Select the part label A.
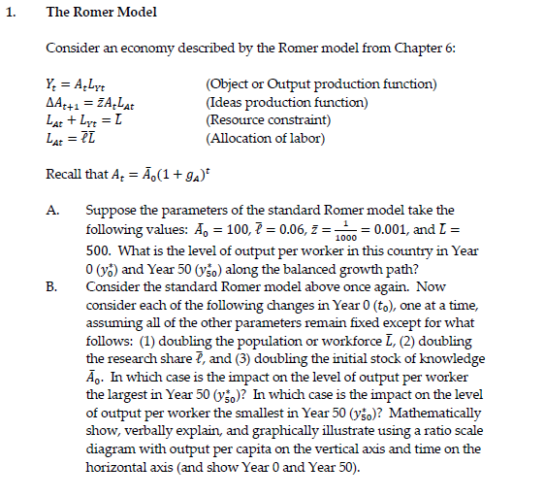[x=53, y=209]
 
